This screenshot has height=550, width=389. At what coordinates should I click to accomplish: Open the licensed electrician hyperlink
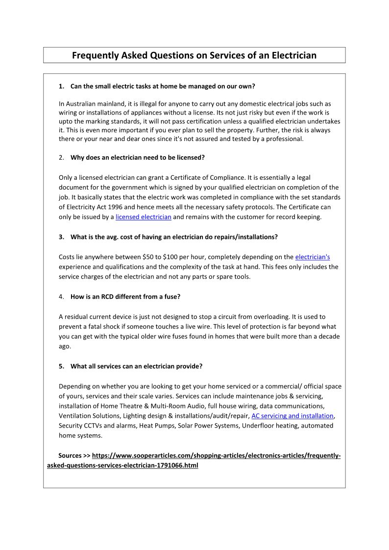(143, 217)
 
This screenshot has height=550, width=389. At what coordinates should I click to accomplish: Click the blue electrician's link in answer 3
(312, 257)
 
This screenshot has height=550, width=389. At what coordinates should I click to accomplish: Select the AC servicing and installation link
(292, 416)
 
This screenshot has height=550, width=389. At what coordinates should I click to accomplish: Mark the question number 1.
(61, 86)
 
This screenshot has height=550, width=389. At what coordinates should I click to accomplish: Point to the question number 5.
(61, 366)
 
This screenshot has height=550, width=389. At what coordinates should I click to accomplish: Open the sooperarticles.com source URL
(216, 455)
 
